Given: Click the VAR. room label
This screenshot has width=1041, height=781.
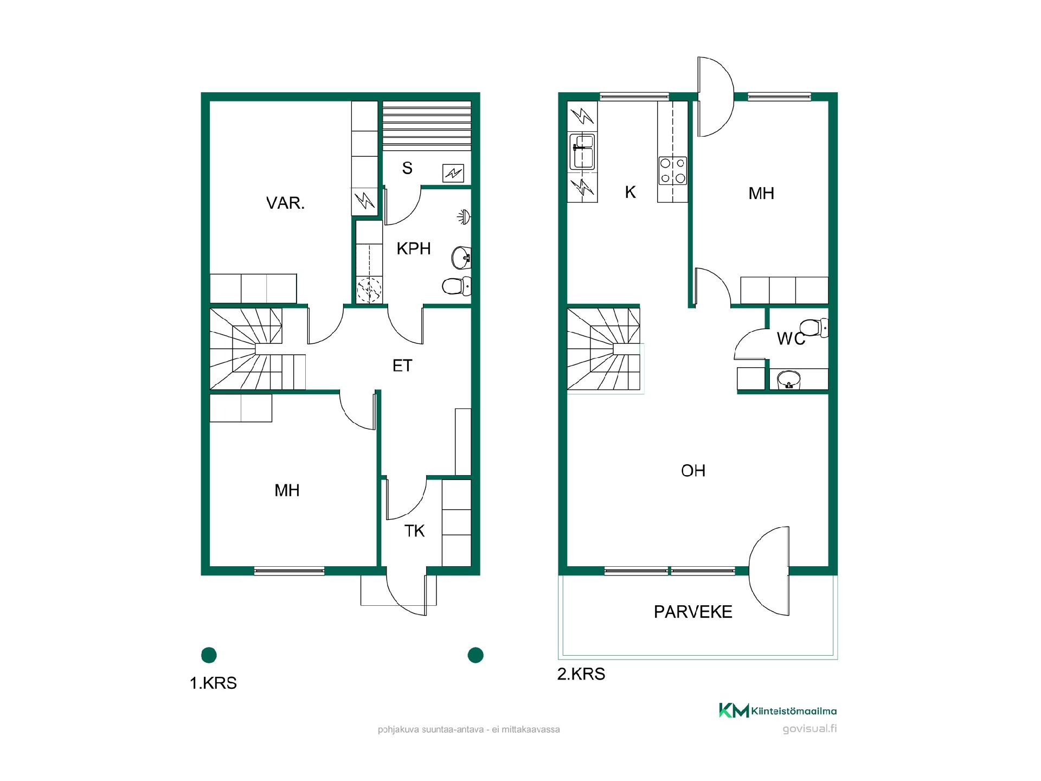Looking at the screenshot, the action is tap(285, 203).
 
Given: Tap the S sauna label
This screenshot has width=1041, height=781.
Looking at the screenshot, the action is tap(407, 168).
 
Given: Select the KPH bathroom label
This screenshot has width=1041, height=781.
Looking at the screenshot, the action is tap(414, 248).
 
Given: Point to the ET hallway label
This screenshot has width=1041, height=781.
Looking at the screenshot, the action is tap(402, 366).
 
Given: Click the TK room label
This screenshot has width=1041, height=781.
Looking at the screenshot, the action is tap(414, 531).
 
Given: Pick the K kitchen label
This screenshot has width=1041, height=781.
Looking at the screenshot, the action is tap(630, 192).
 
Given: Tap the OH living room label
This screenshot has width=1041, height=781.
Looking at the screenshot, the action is tap(693, 470).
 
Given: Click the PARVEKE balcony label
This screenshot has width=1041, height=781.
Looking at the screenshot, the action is tap(693, 612).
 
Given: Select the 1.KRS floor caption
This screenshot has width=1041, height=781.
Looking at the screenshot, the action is tap(213, 683).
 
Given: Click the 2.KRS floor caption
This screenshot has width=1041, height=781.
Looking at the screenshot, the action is tap(581, 674).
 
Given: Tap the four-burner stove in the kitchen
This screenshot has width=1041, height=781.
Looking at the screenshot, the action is tap(673, 170).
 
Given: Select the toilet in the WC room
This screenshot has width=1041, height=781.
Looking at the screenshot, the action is tap(814, 328).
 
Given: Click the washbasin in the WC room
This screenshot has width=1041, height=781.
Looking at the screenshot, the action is tap(789, 380).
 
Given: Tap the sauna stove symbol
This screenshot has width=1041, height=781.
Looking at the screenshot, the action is tap(453, 174).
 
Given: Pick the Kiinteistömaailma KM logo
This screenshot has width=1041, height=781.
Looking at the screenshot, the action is tap(734, 710).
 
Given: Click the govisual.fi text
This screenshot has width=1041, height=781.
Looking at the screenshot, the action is tap(809, 728).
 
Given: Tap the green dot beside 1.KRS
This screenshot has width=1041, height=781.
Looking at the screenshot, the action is tap(209, 655).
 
